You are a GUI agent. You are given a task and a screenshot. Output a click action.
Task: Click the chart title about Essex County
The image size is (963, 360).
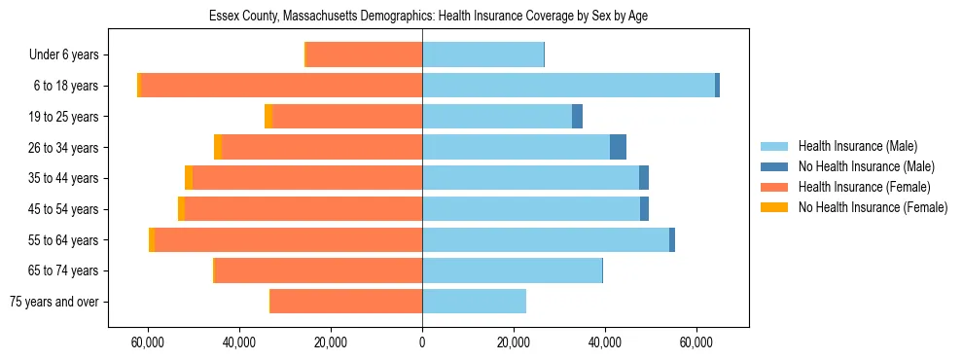tap(428, 17)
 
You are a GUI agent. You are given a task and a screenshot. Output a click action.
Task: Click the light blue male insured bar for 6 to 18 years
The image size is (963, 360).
tap(568, 86)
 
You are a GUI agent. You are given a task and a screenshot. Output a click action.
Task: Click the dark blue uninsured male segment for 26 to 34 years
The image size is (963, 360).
tap(618, 148)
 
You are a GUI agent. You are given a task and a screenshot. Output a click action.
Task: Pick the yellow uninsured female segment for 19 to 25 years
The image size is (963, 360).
tap(268, 117)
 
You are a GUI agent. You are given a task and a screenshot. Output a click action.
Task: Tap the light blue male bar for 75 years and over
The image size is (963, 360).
tap(474, 302)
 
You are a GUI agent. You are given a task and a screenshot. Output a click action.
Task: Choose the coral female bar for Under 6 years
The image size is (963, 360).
tap(364, 55)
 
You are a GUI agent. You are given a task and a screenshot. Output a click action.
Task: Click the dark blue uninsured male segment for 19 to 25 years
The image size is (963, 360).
tap(577, 117)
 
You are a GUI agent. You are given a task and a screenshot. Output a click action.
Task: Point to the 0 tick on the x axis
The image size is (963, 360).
tap(422, 342)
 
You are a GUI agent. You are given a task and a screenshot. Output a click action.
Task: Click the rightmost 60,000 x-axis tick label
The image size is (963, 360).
tap(696, 342)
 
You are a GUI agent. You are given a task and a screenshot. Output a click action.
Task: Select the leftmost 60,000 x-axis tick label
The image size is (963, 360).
tap(148, 342)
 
